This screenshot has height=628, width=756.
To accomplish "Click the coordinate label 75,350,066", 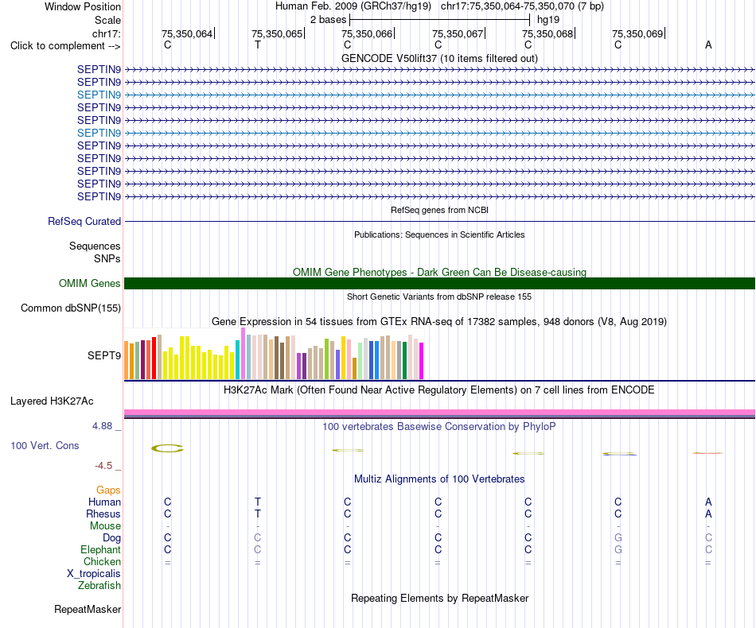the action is point(366,33).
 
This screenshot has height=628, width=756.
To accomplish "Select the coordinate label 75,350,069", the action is point(637,33).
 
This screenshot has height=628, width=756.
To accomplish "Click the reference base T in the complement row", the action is point(258,45).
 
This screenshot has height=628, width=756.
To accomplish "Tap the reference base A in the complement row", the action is point(708,45).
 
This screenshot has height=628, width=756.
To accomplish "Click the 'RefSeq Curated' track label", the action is point(84,222).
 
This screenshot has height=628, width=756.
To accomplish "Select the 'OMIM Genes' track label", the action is point(90,284).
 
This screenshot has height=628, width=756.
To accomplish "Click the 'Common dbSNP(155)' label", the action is point(71,308).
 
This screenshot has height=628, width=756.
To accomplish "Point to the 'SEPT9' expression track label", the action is point(104,356).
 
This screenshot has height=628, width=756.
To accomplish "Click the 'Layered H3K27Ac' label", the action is point(52,401).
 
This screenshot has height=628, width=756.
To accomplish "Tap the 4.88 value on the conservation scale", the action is point(102,426).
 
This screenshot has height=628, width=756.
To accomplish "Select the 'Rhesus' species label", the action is point(103,514).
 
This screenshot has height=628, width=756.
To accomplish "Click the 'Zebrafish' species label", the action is point(99,586).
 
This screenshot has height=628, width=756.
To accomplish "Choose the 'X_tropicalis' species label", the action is point(94,574).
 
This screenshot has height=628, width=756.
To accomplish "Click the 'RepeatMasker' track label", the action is point(88,610).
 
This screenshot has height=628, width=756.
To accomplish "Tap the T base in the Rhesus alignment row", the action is point(258,514).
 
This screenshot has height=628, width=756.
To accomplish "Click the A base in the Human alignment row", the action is point(708,502).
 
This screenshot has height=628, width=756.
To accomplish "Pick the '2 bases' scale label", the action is point(329,20).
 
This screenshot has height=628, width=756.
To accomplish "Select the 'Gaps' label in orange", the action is point(108,490).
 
